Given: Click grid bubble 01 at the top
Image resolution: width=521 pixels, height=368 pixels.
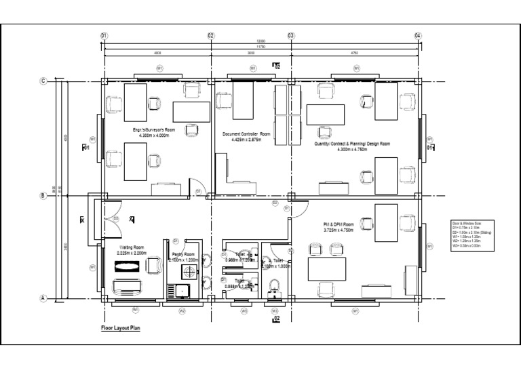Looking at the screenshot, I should pos(104,35).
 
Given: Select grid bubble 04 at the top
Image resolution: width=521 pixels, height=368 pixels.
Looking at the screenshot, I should pos(418,35).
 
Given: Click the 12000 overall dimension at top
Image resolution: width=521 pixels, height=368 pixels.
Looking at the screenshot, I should pos(260,42).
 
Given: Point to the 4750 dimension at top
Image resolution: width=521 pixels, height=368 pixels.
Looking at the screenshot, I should pos(354,52).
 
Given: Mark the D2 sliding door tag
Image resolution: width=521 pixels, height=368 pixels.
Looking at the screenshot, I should pos(275,203).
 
